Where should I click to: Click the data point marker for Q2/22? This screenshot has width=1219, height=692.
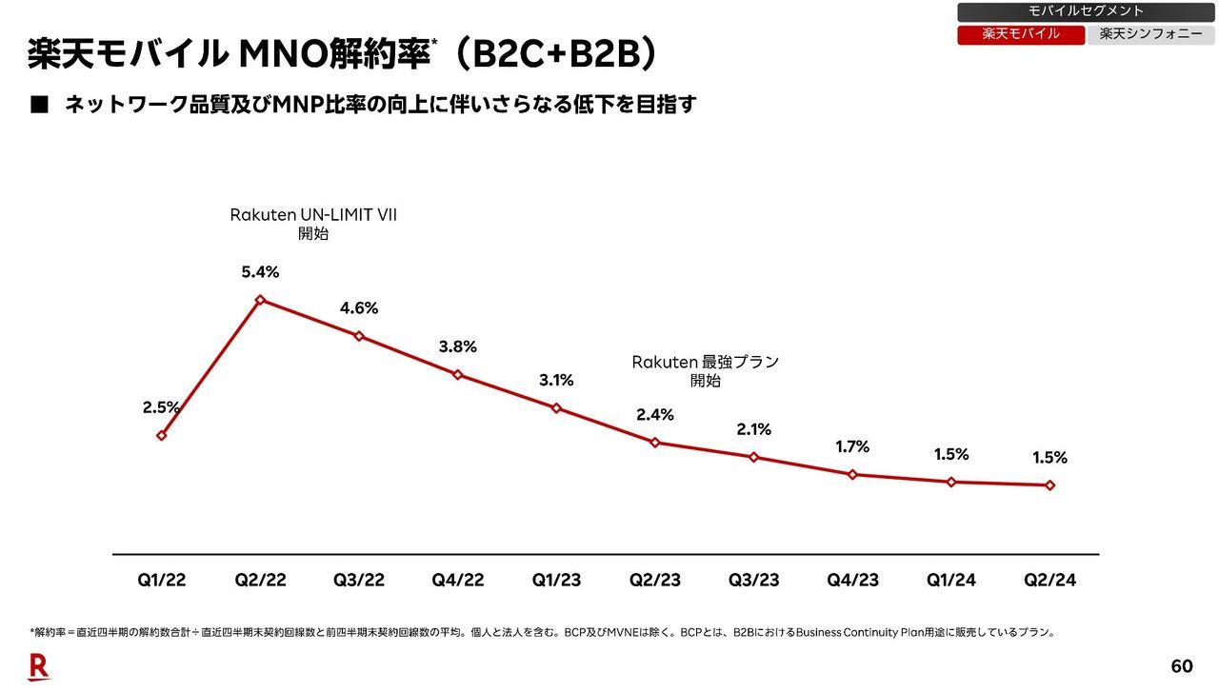(x=260, y=300)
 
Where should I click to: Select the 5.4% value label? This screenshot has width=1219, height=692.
(x=260, y=272)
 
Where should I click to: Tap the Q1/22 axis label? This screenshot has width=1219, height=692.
(x=162, y=581)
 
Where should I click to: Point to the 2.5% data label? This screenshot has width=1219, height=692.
(x=161, y=407)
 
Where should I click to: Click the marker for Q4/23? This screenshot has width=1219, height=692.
(x=852, y=474)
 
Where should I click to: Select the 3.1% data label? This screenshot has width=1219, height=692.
(x=556, y=381)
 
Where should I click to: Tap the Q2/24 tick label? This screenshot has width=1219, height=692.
(x=1049, y=581)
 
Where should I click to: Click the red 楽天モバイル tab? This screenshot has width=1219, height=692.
(x=1021, y=34)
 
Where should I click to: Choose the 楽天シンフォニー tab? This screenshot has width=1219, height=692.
(x=1150, y=34)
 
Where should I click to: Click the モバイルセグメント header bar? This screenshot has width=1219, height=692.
(x=1086, y=11)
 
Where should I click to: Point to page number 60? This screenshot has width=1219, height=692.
(x=1181, y=666)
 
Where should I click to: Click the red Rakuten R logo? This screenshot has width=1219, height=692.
(x=39, y=667)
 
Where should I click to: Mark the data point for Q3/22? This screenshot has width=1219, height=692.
(x=359, y=336)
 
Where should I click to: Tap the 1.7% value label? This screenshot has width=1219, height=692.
(x=852, y=446)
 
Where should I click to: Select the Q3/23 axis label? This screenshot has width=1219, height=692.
(x=753, y=581)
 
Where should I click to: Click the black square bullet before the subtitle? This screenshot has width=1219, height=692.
(x=39, y=106)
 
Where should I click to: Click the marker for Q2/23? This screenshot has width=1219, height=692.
(x=654, y=443)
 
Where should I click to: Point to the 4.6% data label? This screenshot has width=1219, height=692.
(x=359, y=308)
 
